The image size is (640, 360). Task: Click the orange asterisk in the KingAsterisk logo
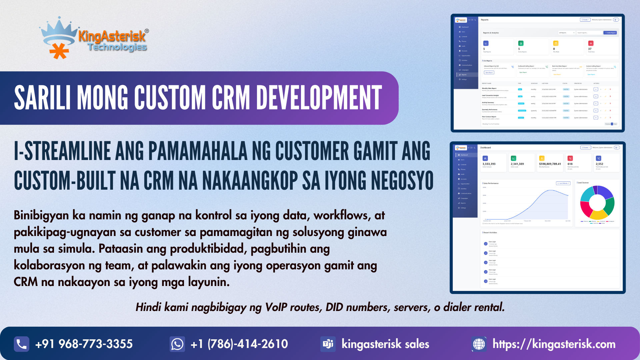tap(59, 51)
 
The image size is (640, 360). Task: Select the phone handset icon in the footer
tap(22, 344)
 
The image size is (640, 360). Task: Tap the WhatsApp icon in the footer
tap(177, 344)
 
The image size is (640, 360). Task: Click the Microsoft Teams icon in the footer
tap(328, 344)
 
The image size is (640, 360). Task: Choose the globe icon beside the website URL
tap(479, 344)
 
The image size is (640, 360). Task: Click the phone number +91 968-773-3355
tap(84, 344)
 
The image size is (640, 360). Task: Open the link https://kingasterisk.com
tap(554, 344)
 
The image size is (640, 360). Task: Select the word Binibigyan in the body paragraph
tap(41, 216)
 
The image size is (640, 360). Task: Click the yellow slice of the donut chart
tap(599, 215)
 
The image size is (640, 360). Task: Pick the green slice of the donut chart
tap(610, 206)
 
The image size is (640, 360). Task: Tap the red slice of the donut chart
tap(586, 209)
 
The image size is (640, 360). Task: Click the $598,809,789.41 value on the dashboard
tap(550, 164)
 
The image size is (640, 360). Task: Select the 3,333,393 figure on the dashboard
tap(489, 164)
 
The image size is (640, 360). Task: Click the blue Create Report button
tap(610, 33)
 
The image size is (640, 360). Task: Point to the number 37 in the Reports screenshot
tap(590, 49)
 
